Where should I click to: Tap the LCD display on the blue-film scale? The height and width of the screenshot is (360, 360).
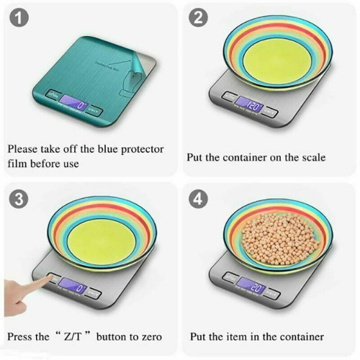point(75,107)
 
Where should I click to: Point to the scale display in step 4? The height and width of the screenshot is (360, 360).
point(252,286)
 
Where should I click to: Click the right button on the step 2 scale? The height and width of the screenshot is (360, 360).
point(270,110)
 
